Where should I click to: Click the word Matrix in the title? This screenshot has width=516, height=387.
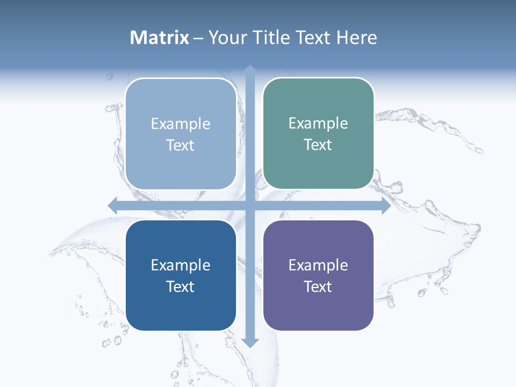coord(160,38)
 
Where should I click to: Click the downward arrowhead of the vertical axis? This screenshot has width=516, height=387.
coord(250,342)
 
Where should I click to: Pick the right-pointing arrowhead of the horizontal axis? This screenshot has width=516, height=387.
coord(385,205)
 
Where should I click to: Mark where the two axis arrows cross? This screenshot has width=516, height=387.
coord(250,205)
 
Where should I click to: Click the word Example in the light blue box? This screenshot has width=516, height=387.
coord(181,124)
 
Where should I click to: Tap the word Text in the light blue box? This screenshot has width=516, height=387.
coord(181,146)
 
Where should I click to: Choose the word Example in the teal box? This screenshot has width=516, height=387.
coord(318,124)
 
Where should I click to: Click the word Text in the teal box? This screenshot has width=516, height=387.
coord(318,145)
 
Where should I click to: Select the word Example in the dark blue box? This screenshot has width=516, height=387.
coord(181,266)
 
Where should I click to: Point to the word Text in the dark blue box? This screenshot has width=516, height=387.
coord(181,287)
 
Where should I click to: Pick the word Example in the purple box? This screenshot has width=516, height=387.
coord(318,266)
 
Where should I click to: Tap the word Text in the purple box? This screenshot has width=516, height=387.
coord(318,287)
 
